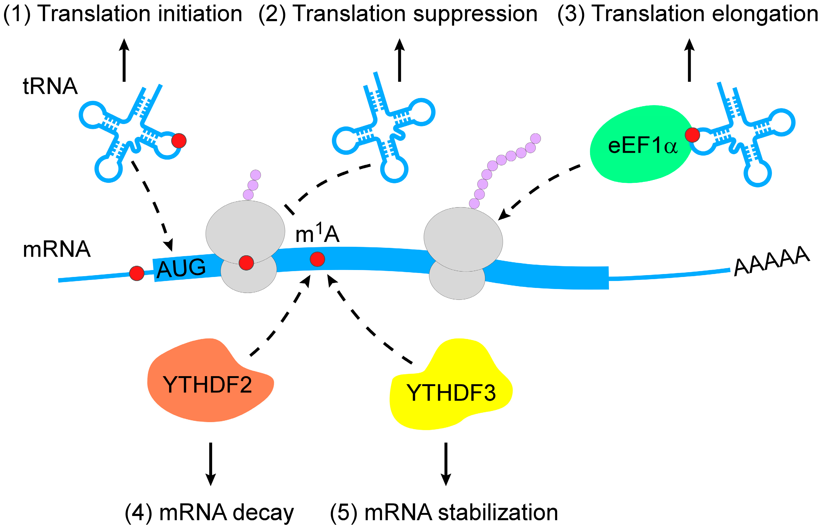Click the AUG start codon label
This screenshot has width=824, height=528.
point(181,268)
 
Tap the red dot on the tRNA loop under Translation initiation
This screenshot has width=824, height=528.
point(179,141)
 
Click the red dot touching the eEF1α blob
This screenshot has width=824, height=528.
point(692,135)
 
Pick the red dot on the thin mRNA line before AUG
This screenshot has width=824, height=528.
point(137,273)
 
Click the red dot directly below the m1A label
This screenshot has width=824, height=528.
point(317,259)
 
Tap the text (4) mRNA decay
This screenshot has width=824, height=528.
point(209,512)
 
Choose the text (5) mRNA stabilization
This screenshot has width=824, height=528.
point(444,512)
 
